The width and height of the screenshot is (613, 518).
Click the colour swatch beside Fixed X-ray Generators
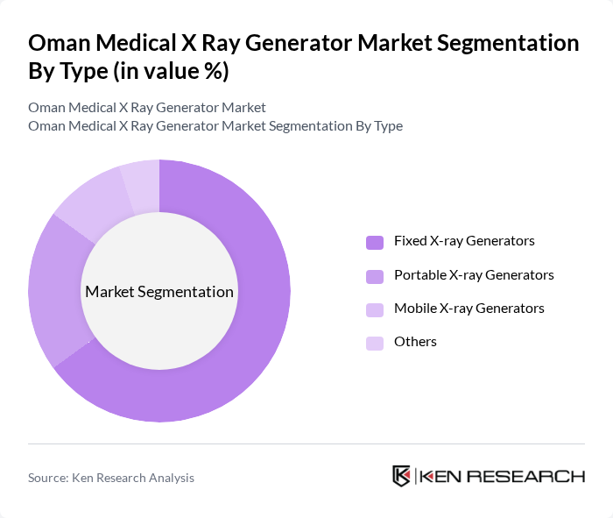tap(375, 242)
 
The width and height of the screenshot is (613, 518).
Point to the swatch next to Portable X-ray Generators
tap(375, 276)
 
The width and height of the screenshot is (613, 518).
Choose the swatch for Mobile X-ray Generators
tap(375, 309)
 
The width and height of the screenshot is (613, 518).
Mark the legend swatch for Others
tap(375, 343)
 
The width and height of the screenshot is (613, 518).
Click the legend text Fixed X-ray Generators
tap(464, 241)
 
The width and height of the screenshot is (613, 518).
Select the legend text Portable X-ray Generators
tap(474, 275)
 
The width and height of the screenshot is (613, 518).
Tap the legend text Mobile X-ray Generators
tap(469, 309)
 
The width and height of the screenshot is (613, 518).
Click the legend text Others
tap(415, 342)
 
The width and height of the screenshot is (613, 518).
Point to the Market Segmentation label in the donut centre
tap(159, 292)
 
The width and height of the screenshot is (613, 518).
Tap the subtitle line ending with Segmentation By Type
tap(215, 126)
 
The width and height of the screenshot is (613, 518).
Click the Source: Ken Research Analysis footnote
tap(111, 478)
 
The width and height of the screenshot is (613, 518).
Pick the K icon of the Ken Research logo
tap(402, 476)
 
